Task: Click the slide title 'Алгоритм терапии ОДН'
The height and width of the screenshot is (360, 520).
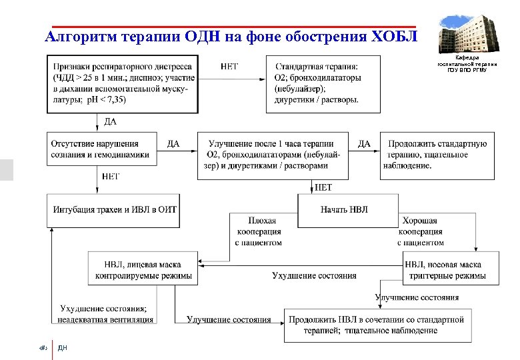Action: point(230,36)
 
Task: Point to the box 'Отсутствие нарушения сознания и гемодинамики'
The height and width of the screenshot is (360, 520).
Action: point(100,149)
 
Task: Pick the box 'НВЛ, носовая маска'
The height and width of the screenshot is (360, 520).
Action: point(451,269)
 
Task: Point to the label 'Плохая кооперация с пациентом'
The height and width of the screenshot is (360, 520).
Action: point(258,231)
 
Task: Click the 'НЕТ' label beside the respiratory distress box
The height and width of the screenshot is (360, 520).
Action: point(229,67)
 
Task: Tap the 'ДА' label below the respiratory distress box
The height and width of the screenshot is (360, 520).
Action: point(111,121)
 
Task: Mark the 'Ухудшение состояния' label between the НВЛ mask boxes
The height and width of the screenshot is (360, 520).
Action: point(314,275)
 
